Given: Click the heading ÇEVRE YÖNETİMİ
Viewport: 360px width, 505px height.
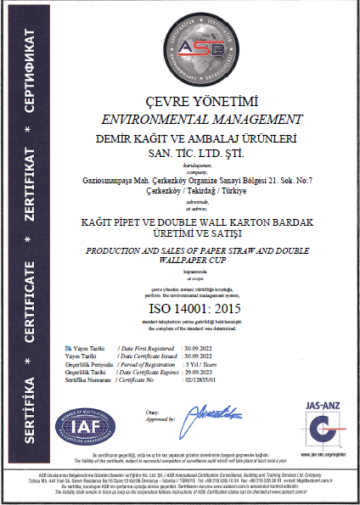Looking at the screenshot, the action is (201, 101).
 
